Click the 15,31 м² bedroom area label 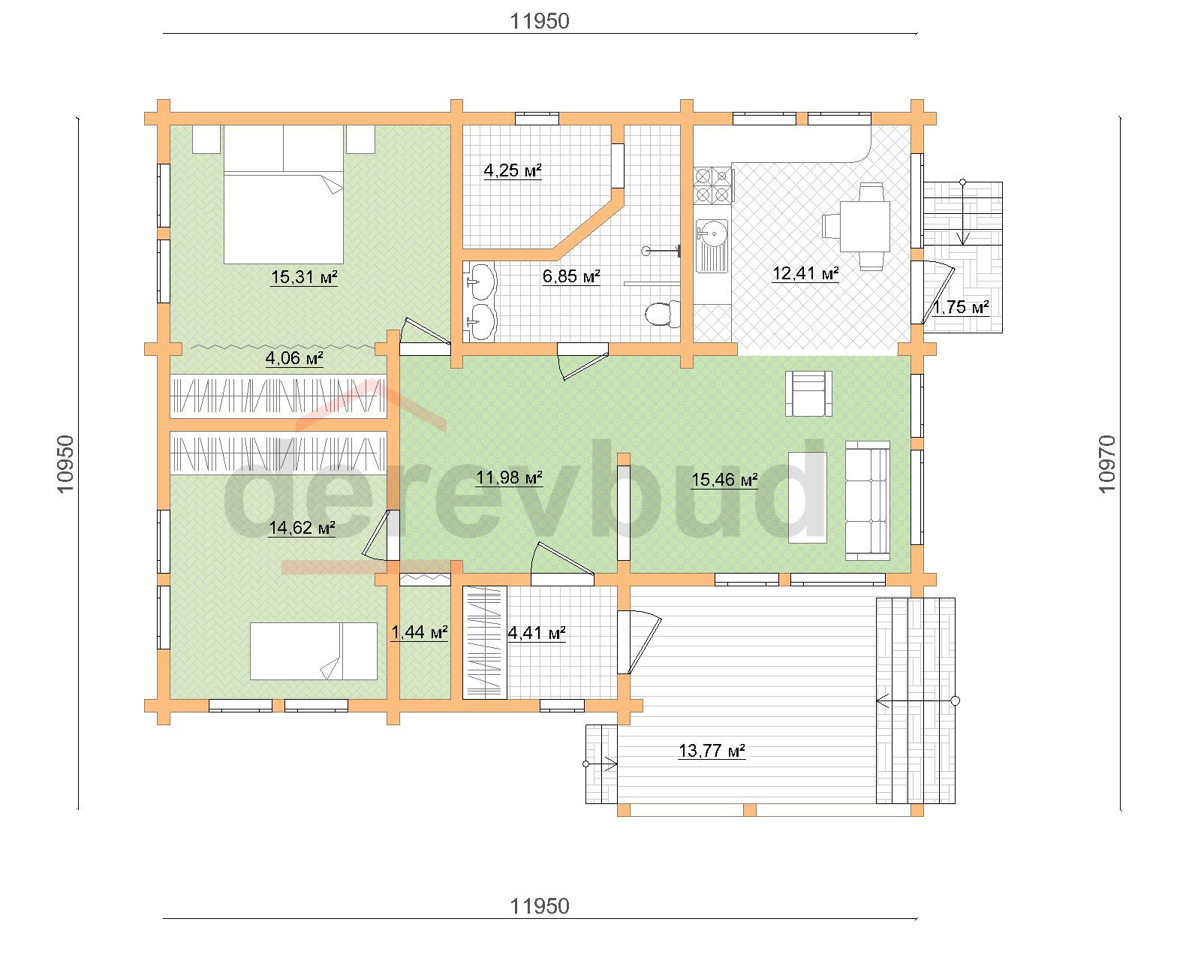pos(304,277)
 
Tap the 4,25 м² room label pos(513,170)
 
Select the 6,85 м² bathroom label pos(571,276)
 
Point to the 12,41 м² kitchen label pos(805,273)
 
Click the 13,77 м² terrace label pos(712,751)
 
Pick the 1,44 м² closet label pos(419,632)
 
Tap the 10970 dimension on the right pos(1106,464)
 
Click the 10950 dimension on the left pos(65,464)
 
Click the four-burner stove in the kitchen pos(712,185)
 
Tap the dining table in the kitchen pos(864,227)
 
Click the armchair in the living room pos(808,393)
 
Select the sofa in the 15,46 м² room pos(867,500)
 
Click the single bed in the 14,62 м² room pos(314,651)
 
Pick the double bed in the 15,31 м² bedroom pos(284,194)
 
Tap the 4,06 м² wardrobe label pos(294,358)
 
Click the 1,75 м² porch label pos(961,307)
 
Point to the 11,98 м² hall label pos(509,477)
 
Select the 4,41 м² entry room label pos(536,633)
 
